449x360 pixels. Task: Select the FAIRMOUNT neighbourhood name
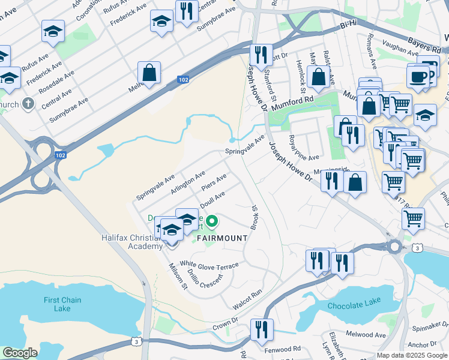(221, 238)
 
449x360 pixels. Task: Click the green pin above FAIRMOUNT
(212, 223)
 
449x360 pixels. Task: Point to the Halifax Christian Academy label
(133, 242)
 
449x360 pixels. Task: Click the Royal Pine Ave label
(303, 148)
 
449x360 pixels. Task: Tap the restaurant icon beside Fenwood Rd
(262, 329)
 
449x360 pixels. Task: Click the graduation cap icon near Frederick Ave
(53, 31)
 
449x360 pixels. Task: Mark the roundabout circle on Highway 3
(394, 246)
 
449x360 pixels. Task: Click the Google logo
(20, 353)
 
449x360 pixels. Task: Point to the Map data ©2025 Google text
(412, 355)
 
